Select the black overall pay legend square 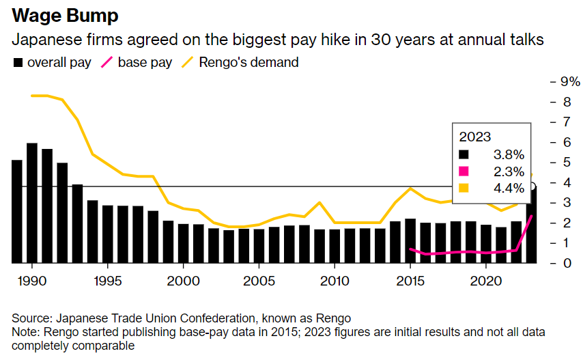coord(18,63)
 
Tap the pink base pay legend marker coord(106,63)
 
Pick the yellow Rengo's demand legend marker coord(187,63)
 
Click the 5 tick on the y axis coord(565,162)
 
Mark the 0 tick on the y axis coord(565,263)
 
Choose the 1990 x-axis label coord(31,281)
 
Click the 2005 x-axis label coord(259,281)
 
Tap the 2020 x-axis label coord(485,281)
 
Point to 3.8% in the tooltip coord(509,155)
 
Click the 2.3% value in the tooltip coord(509,171)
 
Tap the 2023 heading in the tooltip coord(476,136)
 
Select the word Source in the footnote coord(32,319)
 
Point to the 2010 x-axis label coord(335,281)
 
